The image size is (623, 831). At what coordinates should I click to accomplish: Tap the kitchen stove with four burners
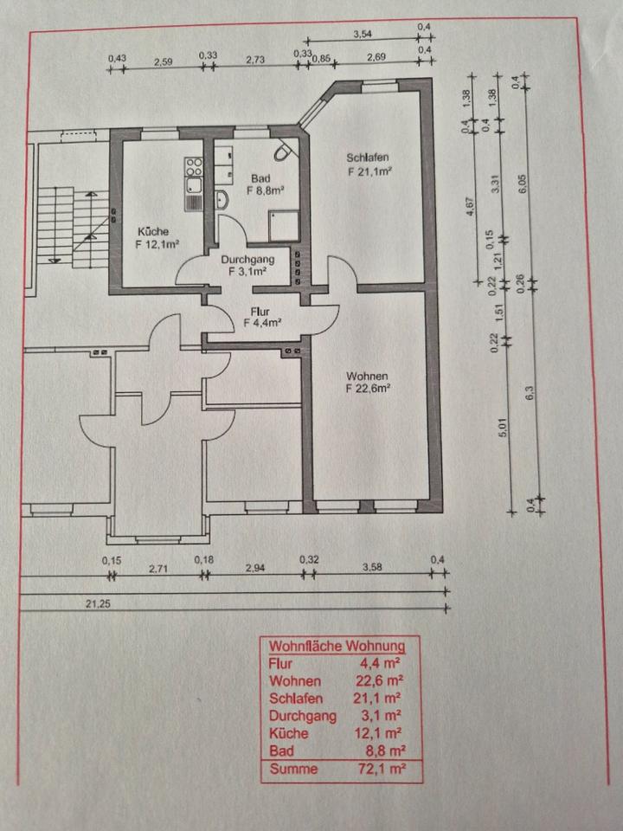point(192,164)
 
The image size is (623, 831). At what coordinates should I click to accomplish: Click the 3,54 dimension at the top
point(363,35)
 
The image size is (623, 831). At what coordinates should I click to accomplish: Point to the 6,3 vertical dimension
point(530,390)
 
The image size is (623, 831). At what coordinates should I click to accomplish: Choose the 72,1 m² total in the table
point(382,769)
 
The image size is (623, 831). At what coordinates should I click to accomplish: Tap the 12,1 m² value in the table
point(382,733)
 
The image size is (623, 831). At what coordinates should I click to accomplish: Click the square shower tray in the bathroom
point(281,228)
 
